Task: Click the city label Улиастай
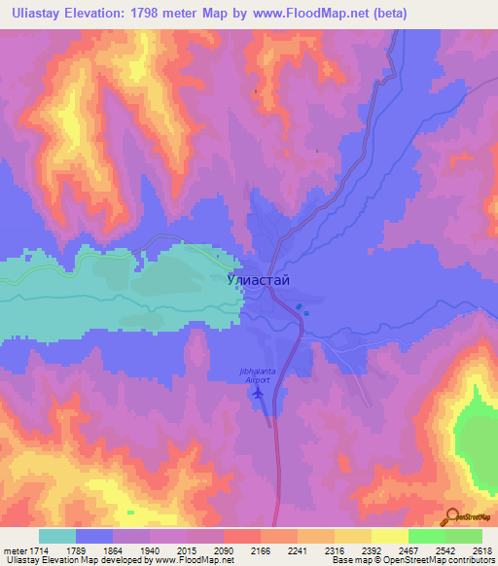pos(258,279)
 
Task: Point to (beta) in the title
pos(387,14)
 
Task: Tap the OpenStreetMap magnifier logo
pos(451,515)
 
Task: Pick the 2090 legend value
pos(223,551)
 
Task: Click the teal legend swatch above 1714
pos(56,536)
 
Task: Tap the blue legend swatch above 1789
pos(94,536)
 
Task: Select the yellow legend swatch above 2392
pos(353,536)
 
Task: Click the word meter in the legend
pos(14,551)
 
